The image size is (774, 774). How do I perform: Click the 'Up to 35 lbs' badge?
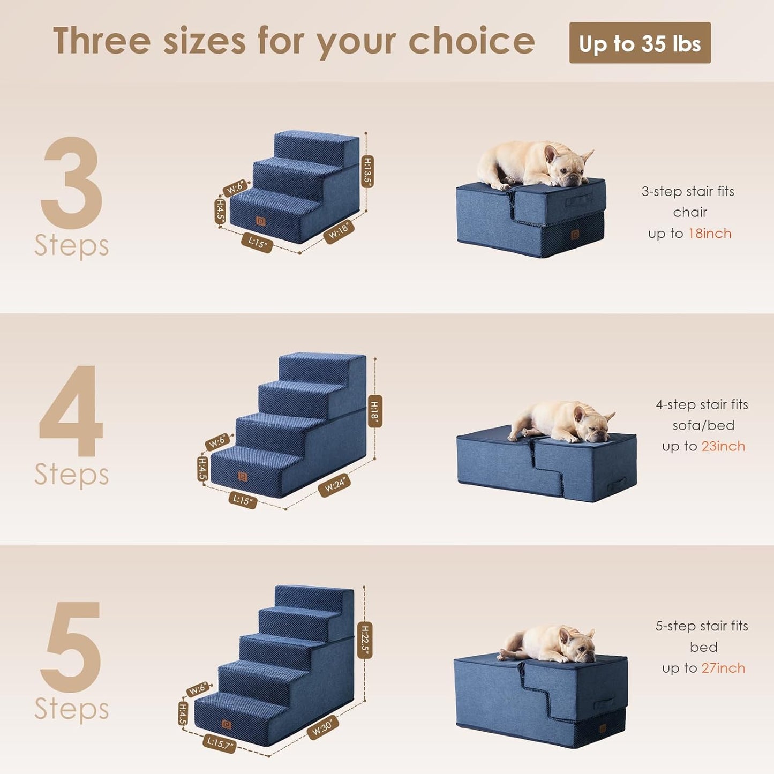coord(640,43)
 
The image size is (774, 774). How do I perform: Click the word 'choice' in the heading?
coord(471,42)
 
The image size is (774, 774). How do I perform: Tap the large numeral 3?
coord(72,182)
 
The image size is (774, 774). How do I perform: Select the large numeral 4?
coord(72,411)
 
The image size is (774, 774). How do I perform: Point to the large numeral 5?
coord(72,647)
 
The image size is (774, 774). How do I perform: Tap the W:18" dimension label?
coord(339,231)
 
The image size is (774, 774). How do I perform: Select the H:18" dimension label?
coord(375,411)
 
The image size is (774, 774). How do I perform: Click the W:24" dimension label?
coord(335,485)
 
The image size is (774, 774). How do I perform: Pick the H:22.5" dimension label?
coord(365,640)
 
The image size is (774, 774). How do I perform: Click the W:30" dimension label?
coord(322,727)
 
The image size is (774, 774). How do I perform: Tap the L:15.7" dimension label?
coord(219,743)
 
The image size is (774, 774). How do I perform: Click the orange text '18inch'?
coord(710,234)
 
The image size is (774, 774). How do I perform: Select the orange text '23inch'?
coord(723,446)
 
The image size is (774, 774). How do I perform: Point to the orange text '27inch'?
coord(723,668)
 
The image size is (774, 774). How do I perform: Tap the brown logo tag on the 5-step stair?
coord(227,725)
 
